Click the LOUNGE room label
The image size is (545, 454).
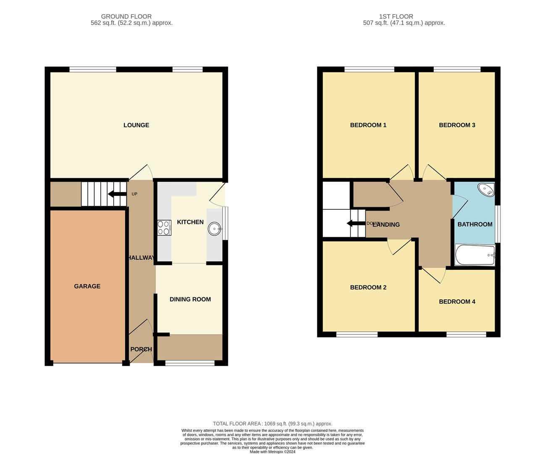coord(136,125)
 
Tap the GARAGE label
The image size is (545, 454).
coord(87,286)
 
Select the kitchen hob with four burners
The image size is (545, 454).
coord(164,228)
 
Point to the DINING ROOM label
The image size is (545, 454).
coord(190,299)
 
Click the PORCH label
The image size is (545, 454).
coord(141,349)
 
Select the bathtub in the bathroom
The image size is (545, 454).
coord(475,255)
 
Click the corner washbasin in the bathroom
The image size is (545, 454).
coord(487,190)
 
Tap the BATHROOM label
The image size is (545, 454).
coord(475,224)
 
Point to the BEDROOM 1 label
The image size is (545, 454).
coord(368,125)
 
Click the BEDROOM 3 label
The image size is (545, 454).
coord(457,125)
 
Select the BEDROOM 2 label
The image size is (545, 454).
coord(368,288)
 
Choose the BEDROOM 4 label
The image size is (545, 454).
coord(457,301)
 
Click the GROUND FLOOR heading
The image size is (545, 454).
coord(126,17)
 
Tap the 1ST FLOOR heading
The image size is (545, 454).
coord(396,17)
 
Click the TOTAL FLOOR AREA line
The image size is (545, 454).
coord(272,424)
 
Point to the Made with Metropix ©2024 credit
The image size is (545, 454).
coord(272,452)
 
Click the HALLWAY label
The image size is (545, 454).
coord(141,258)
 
